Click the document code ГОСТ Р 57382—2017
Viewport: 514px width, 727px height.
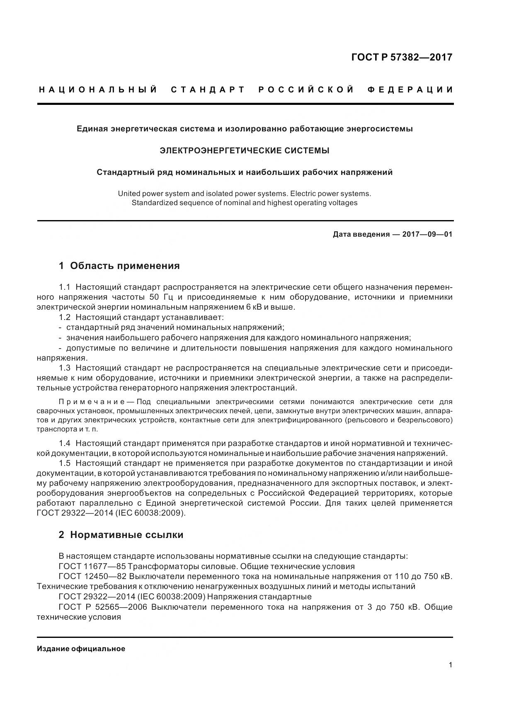[401, 57]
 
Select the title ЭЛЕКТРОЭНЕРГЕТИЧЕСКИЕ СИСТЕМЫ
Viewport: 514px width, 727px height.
[245, 150]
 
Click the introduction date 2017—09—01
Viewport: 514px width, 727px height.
[427, 235]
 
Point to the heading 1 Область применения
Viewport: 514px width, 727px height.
[119, 266]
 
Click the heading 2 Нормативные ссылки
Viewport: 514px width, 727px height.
[121, 535]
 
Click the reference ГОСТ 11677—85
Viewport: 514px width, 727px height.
[92, 567]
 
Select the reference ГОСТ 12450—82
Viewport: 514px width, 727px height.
[92, 577]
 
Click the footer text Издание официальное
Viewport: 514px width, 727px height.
[81, 649]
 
